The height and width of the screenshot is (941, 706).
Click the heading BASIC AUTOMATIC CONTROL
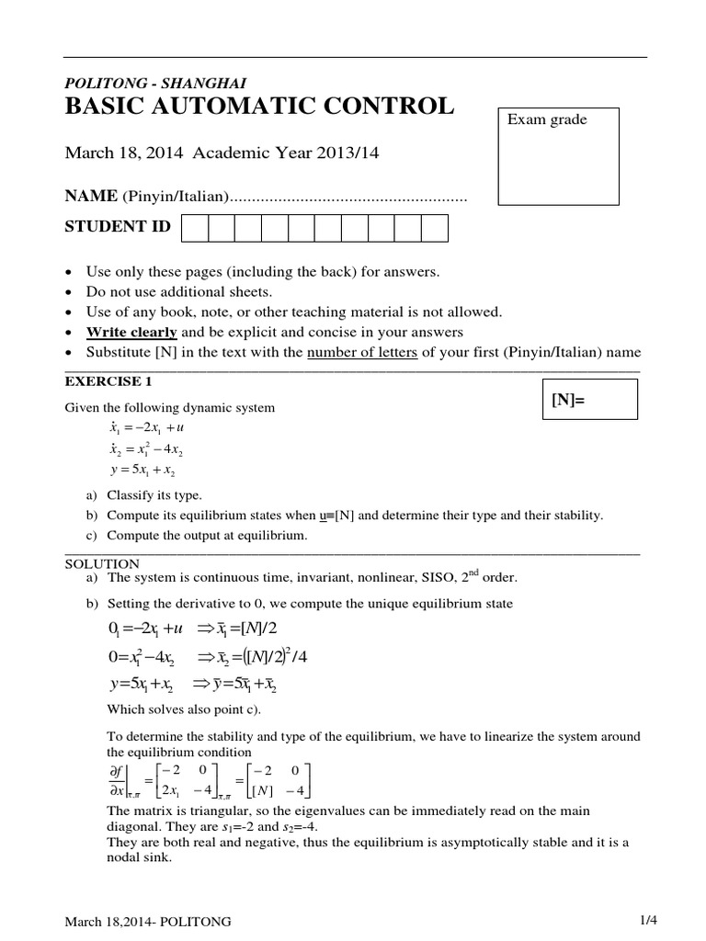(258, 107)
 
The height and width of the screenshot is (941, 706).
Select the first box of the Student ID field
(195, 228)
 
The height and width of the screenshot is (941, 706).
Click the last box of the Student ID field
(435, 228)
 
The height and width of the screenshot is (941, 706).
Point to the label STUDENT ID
(118, 227)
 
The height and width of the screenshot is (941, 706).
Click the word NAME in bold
(90, 197)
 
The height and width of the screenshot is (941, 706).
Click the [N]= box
(588, 402)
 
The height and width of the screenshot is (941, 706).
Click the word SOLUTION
(102, 563)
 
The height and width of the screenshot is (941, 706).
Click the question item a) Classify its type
(143, 494)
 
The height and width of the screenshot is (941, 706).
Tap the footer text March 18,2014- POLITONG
(148, 922)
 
